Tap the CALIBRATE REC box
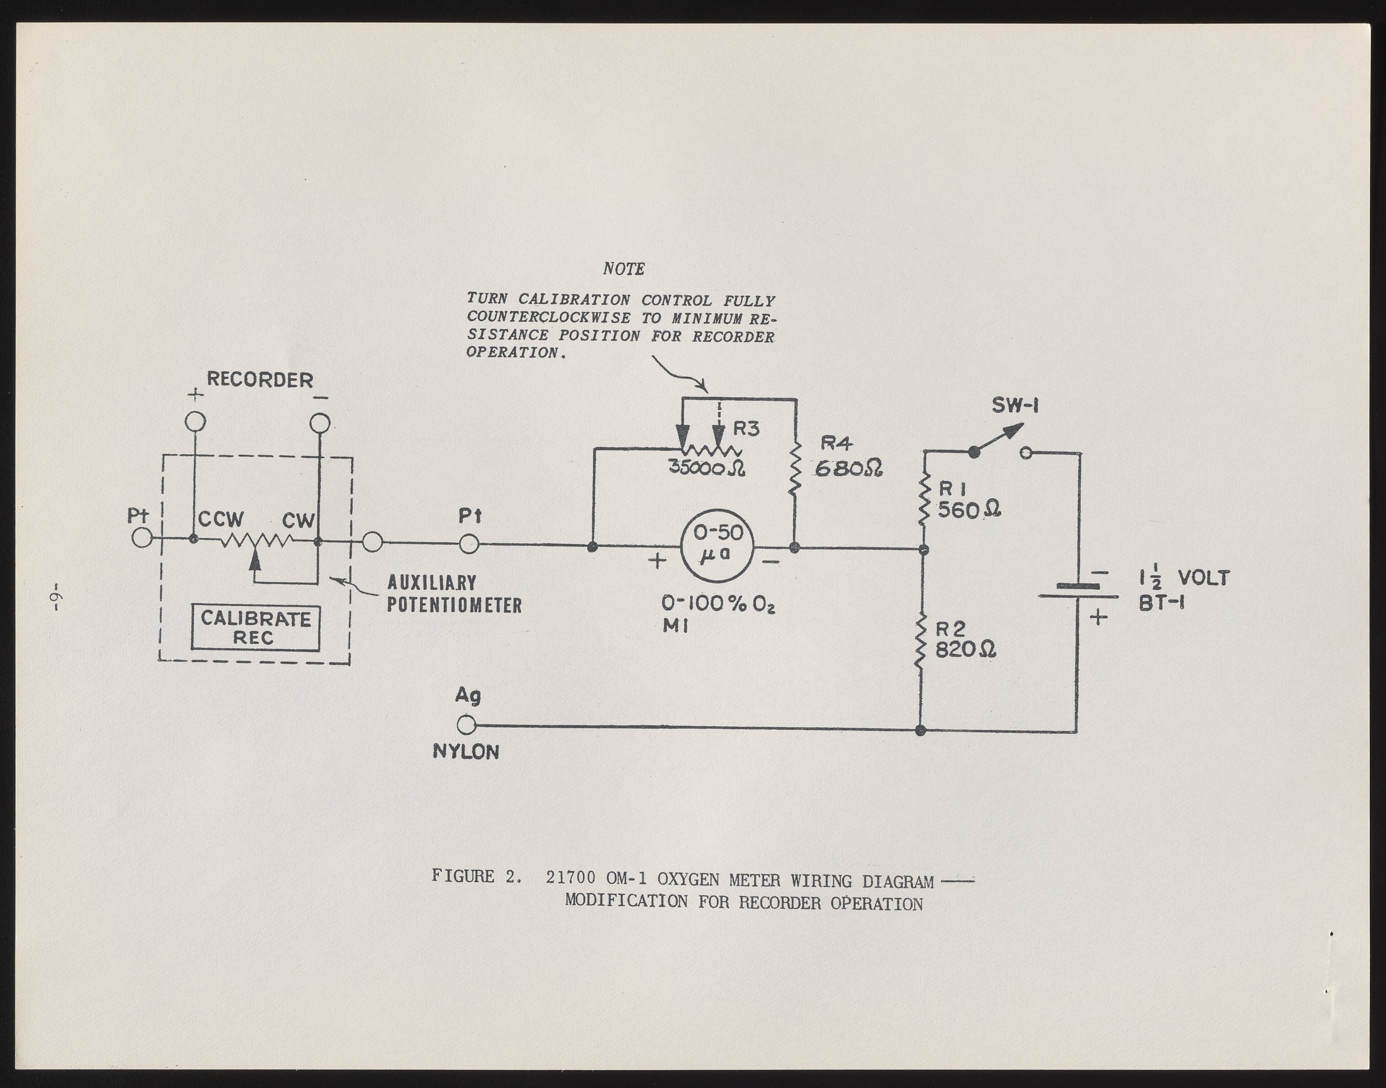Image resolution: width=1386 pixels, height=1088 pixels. [256, 628]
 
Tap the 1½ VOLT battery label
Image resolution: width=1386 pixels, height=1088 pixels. [1184, 579]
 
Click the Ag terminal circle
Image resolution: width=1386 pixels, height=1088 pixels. [466, 725]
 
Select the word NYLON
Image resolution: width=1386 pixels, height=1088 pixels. [466, 752]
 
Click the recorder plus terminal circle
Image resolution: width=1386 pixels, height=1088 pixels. [195, 422]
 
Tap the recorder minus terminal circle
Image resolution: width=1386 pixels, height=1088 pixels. [320, 423]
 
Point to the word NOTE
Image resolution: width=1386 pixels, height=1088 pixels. [624, 269]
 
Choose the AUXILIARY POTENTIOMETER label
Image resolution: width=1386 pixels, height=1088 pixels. [454, 594]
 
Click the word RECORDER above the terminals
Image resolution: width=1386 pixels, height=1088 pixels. [260, 380]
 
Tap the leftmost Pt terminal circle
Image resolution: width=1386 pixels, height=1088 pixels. [142, 539]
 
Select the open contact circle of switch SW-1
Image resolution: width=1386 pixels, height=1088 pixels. [1026, 453]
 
